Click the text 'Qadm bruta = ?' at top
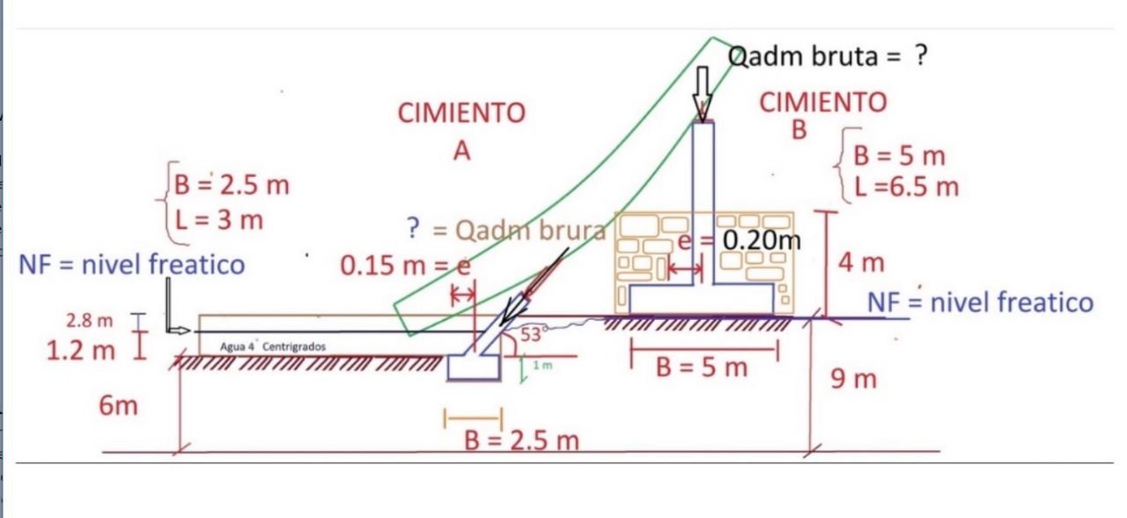click(x=828, y=55)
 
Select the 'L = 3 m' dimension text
click(x=219, y=220)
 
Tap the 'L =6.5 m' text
click(x=907, y=187)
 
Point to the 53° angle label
click(x=531, y=334)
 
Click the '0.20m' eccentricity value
click(x=762, y=240)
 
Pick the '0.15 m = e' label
click(x=406, y=265)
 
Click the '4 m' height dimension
click(x=861, y=263)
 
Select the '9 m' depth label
click(x=853, y=379)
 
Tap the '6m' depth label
click(x=118, y=405)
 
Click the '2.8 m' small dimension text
click(x=90, y=321)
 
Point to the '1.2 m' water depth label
click(x=80, y=350)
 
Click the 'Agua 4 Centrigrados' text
click(x=273, y=347)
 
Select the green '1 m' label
click(x=543, y=366)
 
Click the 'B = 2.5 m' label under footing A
click(x=522, y=440)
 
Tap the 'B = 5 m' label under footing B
click(x=702, y=367)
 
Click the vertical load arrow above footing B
click(x=703, y=94)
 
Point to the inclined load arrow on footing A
click(x=534, y=286)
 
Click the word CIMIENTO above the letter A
click(x=461, y=113)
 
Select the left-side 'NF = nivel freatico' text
click(x=132, y=264)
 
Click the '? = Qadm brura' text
click(x=506, y=230)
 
